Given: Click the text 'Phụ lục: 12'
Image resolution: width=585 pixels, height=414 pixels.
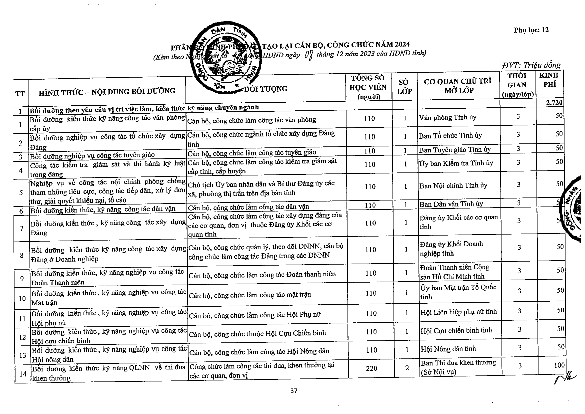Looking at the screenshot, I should [x=531, y=30].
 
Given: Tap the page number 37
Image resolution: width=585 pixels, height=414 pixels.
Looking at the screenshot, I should [x=294, y=391].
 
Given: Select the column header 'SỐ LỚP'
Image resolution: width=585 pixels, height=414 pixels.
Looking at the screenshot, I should [x=404, y=87].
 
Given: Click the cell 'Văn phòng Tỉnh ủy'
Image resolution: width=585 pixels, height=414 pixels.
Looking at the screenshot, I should [x=448, y=118].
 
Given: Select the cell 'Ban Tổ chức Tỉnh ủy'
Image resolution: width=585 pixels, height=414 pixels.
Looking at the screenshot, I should [x=450, y=136].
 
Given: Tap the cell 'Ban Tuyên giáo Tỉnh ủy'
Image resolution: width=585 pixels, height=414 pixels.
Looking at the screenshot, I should [x=455, y=150].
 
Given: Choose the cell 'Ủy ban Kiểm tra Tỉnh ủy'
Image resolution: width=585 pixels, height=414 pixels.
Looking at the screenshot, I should [x=456, y=163].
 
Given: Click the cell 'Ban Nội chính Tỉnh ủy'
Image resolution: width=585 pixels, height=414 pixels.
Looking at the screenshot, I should [x=453, y=185].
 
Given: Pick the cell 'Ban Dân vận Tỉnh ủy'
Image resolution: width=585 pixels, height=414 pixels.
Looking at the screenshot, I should [x=451, y=204].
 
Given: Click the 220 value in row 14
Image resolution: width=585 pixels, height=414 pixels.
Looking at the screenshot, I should [x=371, y=368].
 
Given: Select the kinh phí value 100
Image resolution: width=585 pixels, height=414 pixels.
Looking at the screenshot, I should [x=559, y=365].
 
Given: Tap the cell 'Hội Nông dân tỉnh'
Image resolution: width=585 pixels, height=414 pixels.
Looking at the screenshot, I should [x=448, y=349].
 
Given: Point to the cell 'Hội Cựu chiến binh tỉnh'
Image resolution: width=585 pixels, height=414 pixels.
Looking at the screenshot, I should [x=456, y=330].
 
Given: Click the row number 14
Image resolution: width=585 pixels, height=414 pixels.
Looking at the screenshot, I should [x=23, y=374].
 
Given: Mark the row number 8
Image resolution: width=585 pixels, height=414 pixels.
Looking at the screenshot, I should [x=22, y=255].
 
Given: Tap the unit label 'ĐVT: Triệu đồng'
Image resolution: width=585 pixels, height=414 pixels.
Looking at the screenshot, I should [x=531, y=66].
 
